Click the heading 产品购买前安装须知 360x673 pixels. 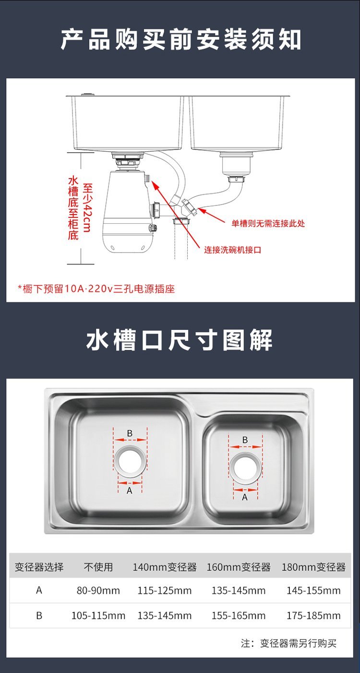tap(180, 39)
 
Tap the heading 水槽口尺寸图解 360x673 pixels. tap(180, 339)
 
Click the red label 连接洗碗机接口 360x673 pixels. tap(233, 250)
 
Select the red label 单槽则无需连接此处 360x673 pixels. tap(268, 223)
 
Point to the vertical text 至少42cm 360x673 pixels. tap(87, 207)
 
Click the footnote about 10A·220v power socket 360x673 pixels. tap(96, 288)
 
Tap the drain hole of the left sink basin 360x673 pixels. tap(130, 460)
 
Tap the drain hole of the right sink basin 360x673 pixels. tap(245, 468)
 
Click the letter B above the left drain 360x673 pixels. tap(130, 433)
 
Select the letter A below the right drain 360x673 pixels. tap(245, 497)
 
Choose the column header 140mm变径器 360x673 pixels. tap(165, 567)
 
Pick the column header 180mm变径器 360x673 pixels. tap(313, 567)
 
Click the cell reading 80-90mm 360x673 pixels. tap(98, 591)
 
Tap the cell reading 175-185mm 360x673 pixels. tap(313, 615)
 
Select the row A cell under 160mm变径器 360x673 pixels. tap(239, 591)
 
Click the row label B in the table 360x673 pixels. tap(39, 615)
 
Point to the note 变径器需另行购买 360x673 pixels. tap(298, 643)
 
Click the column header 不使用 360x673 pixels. tap(98, 567)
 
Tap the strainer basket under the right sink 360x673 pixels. tap(236, 164)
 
